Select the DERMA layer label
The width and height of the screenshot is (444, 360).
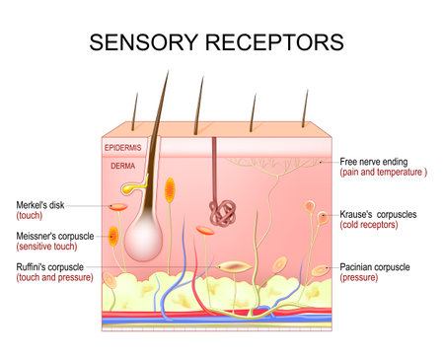pos(120,167)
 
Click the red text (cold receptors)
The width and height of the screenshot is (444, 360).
pos(369,226)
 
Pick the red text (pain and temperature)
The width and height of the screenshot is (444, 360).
pos(383,172)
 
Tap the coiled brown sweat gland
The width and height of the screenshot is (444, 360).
pos(220,210)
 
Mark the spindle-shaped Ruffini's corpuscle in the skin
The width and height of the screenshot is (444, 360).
pos(234,267)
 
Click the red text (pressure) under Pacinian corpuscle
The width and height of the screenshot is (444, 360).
pos(359,278)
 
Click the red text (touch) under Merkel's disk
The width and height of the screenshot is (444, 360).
pos(28,216)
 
